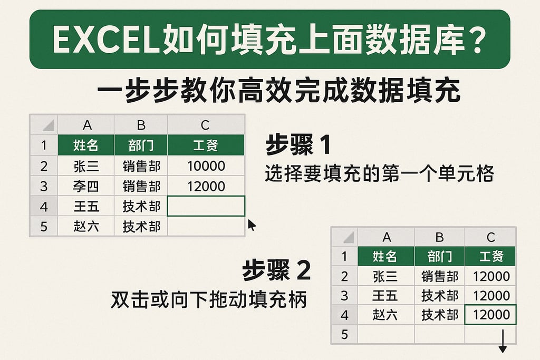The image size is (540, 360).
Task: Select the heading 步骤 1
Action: pos(298,145)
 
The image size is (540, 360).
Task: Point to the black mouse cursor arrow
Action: pos(252,225)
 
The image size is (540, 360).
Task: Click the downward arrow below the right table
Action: pos(502,342)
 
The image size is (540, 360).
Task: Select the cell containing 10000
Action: pos(206,167)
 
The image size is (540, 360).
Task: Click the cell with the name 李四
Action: pos(86,187)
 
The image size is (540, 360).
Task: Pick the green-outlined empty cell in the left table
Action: pos(206,206)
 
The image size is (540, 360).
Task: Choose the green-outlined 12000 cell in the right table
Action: pos(491,315)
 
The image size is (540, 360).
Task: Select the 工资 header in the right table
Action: pos(491,257)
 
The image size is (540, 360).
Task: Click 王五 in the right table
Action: pos(385,296)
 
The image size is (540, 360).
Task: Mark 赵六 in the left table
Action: pos(86,227)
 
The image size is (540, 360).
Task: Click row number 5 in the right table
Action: pos(344,334)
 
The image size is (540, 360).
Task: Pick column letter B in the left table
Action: pos(141,125)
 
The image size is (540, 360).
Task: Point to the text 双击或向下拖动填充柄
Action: pos(208,300)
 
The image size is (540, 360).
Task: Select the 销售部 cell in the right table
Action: pos(439,276)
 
